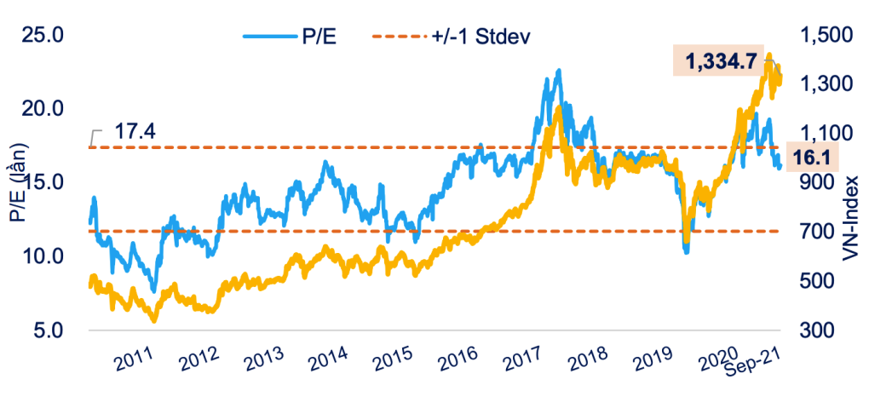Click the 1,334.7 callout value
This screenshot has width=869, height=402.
tap(717, 60)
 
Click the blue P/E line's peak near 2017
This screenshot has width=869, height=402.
tap(559, 71)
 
